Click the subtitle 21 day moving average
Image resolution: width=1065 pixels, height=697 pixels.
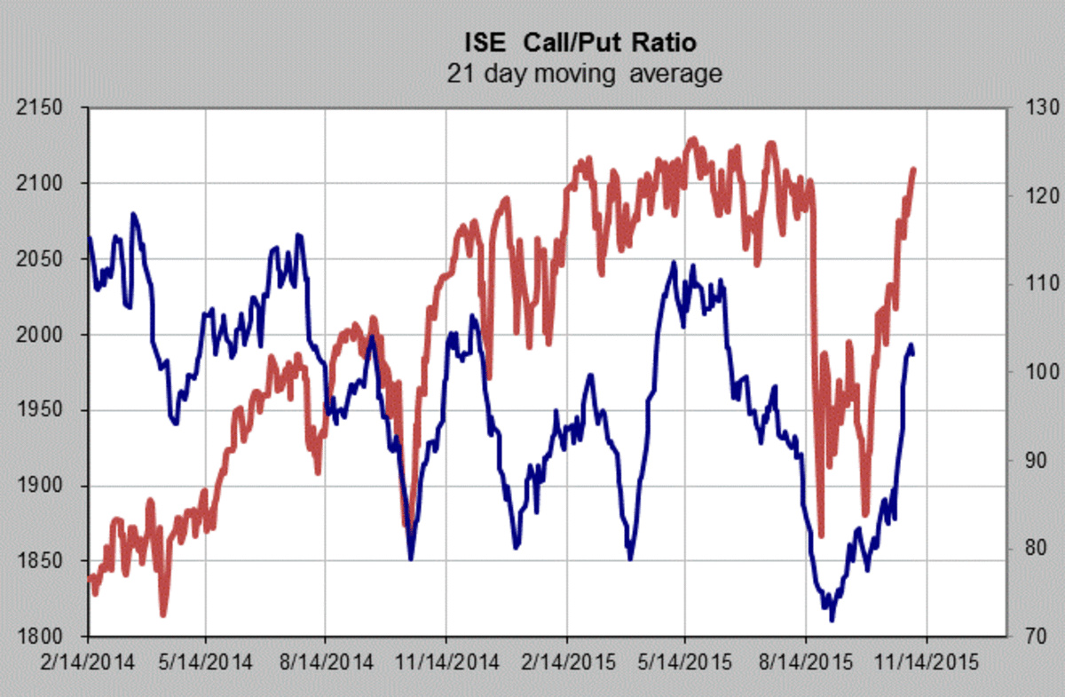pyautogui.click(x=582, y=74)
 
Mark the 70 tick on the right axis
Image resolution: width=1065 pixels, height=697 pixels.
pyautogui.click(x=1032, y=637)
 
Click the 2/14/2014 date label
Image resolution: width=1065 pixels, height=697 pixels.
pyautogui.click(x=88, y=661)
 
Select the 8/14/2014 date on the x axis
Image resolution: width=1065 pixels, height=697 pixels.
pyautogui.click(x=326, y=661)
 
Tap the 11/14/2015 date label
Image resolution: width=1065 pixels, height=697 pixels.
pyautogui.click(x=927, y=661)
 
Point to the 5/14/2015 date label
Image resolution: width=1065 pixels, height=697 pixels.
pyautogui.click(x=685, y=661)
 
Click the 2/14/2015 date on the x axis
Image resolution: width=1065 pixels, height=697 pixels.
pyautogui.click(x=565, y=661)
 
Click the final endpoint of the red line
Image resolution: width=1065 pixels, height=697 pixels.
pyautogui.click(x=914, y=169)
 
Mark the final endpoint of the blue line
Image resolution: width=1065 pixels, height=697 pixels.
pyautogui.click(x=913, y=352)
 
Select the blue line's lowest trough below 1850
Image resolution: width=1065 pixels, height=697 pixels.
pyautogui.click(x=832, y=620)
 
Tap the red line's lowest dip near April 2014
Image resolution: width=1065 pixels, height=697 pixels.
pyautogui.click(x=163, y=614)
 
